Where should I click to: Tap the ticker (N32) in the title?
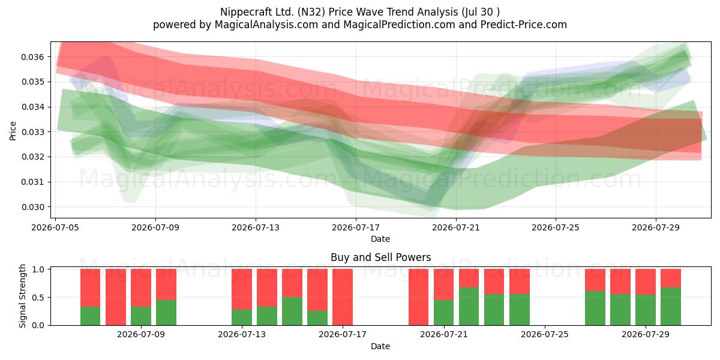(311, 12)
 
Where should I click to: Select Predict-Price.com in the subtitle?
(523, 25)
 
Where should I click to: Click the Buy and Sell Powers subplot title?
(380, 257)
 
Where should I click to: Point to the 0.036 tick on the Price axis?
(32, 57)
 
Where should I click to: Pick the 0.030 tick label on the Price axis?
(32, 208)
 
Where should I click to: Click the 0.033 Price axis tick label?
(32, 132)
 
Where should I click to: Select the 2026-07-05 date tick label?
(55, 227)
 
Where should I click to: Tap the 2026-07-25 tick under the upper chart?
(556, 227)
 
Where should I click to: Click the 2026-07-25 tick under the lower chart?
(545, 335)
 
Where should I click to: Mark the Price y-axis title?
(13, 131)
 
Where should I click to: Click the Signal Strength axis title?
(22, 296)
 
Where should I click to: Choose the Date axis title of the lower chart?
(380, 347)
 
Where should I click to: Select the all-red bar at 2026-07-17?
(343, 297)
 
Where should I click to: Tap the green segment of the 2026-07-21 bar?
(443, 313)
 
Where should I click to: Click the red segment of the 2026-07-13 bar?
(242, 289)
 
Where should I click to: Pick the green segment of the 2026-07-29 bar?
(646, 310)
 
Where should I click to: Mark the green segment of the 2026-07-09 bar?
(141, 316)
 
